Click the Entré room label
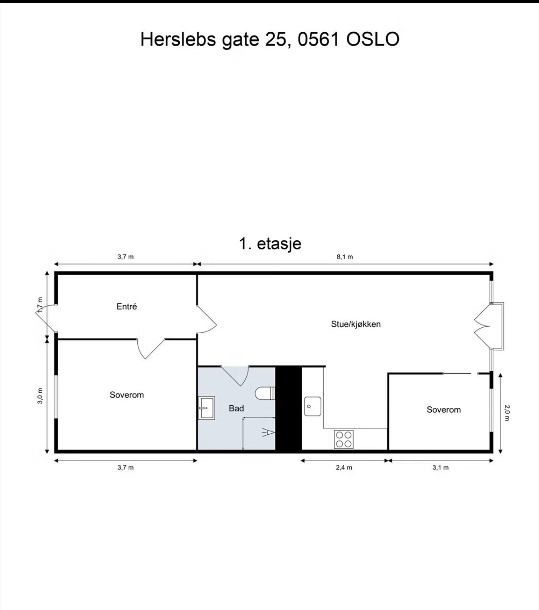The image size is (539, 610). [126, 306]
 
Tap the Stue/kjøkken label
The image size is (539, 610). [356, 324]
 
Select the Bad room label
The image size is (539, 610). [236, 409]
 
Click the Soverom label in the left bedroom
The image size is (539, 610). [126, 395]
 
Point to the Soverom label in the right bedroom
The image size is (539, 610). [444, 410]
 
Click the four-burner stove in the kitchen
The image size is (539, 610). [344, 439]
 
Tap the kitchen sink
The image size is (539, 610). [313, 407]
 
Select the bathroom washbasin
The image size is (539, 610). [207, 408]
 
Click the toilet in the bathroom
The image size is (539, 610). [265, 393]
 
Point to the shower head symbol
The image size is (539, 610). [269, 432]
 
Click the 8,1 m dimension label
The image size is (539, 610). [345, 257]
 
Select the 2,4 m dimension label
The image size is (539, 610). [344, 468]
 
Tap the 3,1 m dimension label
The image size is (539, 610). [441, 468]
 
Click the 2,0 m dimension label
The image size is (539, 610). [507, 413]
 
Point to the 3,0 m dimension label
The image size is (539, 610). [40, 396]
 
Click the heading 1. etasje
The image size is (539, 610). [270, 243]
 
